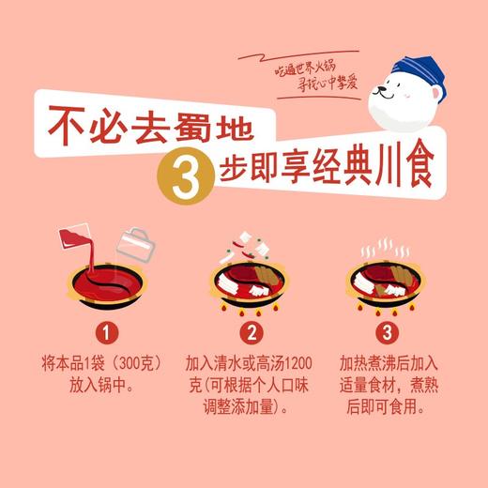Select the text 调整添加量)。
248,407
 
